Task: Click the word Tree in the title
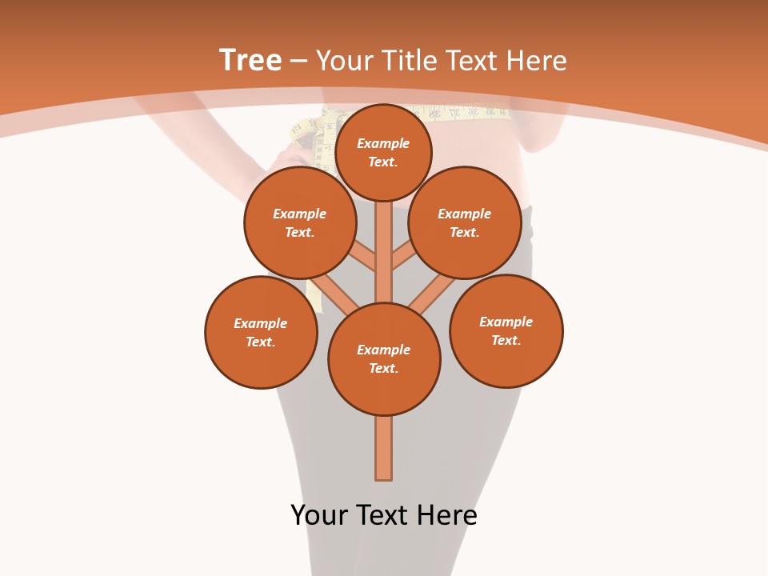pyautogui.click(x=250, y=60)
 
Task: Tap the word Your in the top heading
pyautogui.click(x=345, y=60)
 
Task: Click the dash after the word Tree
pyautogui.click(x=299, y=61)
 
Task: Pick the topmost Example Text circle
pyautogui.click(x=383, y=152)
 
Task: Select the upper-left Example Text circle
pyautogui.click(x=300, y=222)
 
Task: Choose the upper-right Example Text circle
pyautogui.click(x=465, y=222)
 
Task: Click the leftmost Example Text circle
pyautogui.click(x=261, y=332)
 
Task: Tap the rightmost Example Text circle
pyautogui.click(x=506, y=330)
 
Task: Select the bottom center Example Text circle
pyautogui.click(x=384, y=359)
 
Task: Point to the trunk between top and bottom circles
pyautogui.click(x=384, y=252)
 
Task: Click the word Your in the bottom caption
pyautogui.click(x=318, y=515)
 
